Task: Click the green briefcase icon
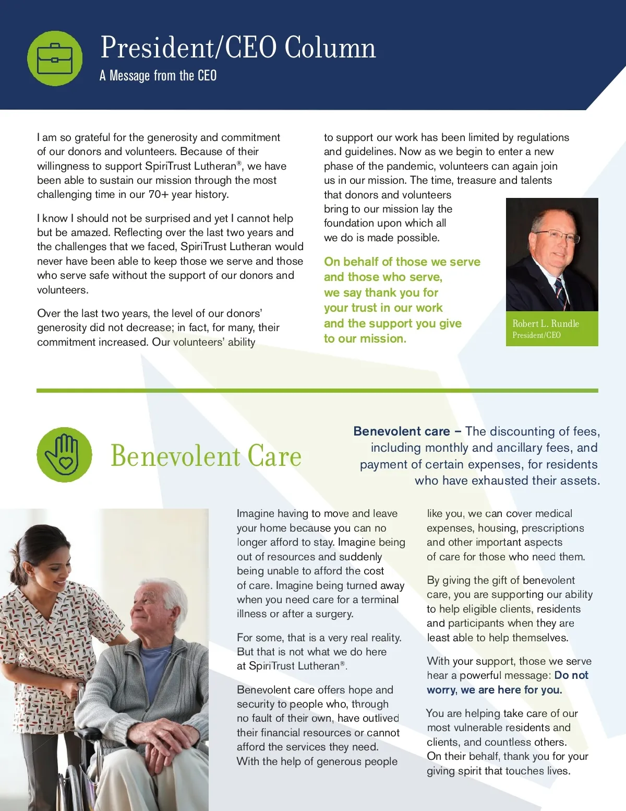pos(55,58)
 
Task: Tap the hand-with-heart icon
pos(64,454)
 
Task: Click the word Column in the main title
pos(330,48)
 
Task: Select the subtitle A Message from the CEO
pos(158,76)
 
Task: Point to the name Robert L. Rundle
pos(546,324)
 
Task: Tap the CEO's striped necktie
pos(561,292)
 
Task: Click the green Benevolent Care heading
pos(206,456)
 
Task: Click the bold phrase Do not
pos(571,675)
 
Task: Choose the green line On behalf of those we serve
pos(402,262)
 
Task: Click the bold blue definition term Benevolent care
pos(401,431)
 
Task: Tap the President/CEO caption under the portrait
pos(536,335)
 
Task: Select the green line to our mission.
pos(365,339)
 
